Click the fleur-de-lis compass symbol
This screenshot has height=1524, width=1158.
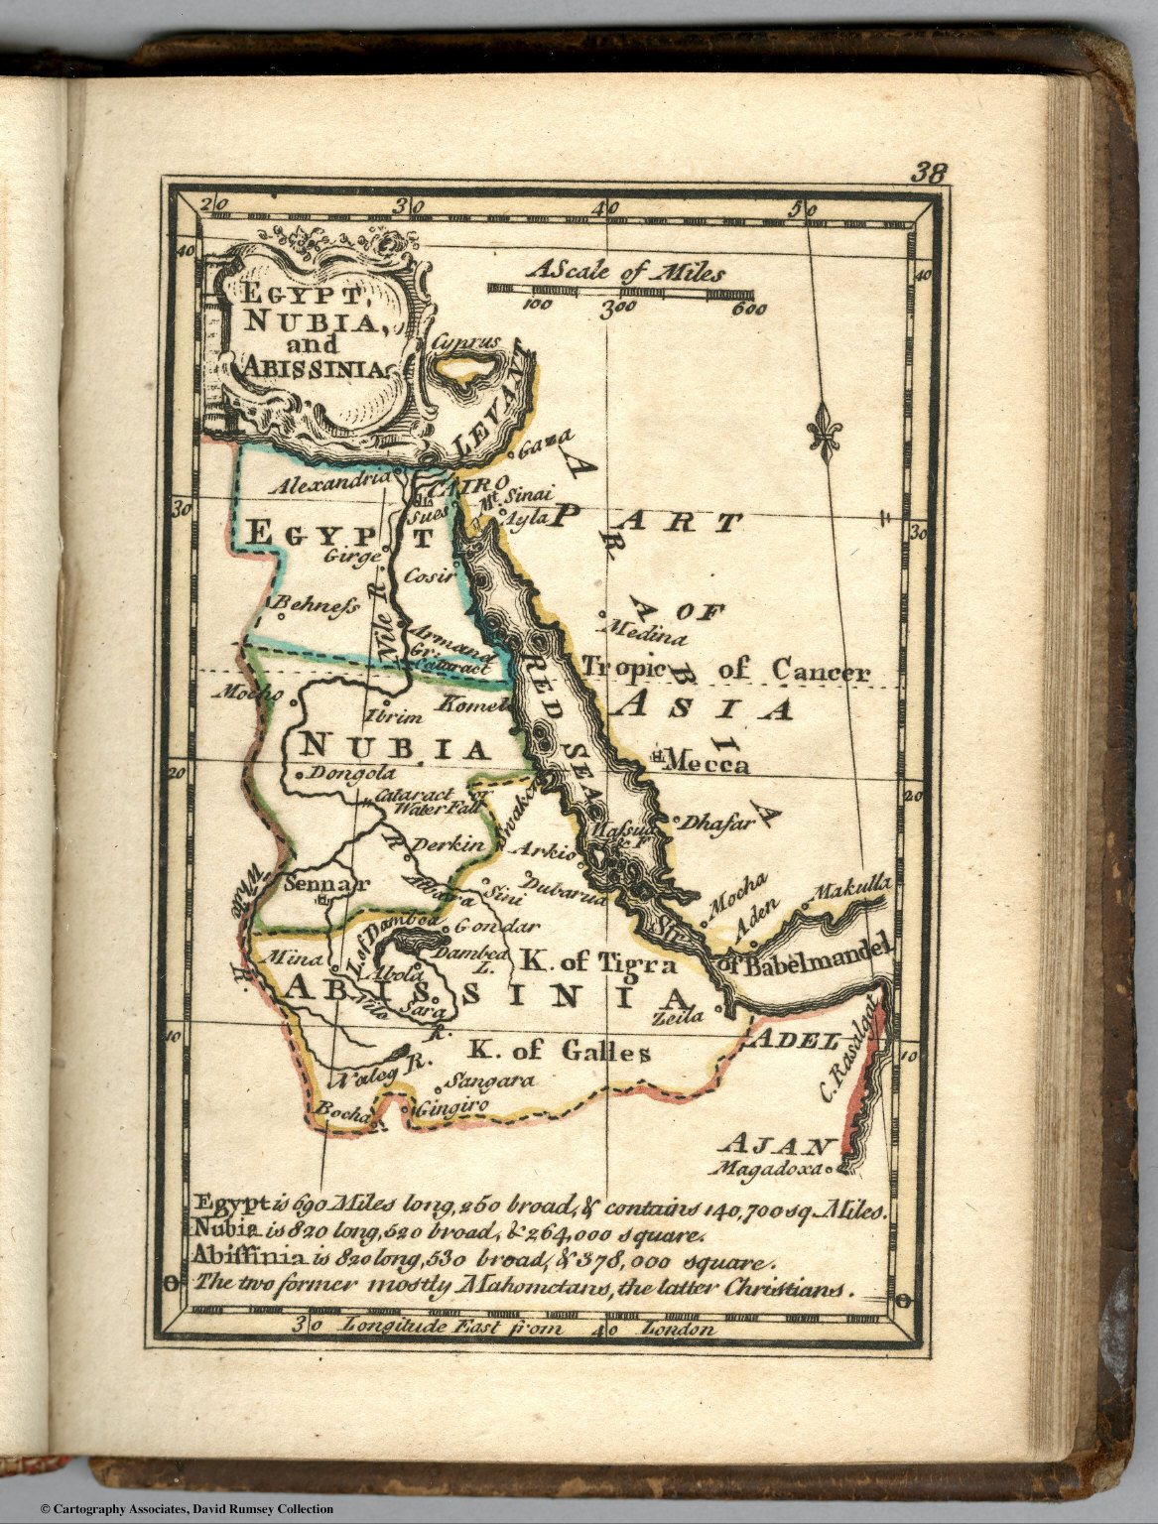click(823, 428)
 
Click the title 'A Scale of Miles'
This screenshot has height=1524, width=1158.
click(625, 271)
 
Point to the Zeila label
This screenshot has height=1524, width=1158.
click(679, 1016)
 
